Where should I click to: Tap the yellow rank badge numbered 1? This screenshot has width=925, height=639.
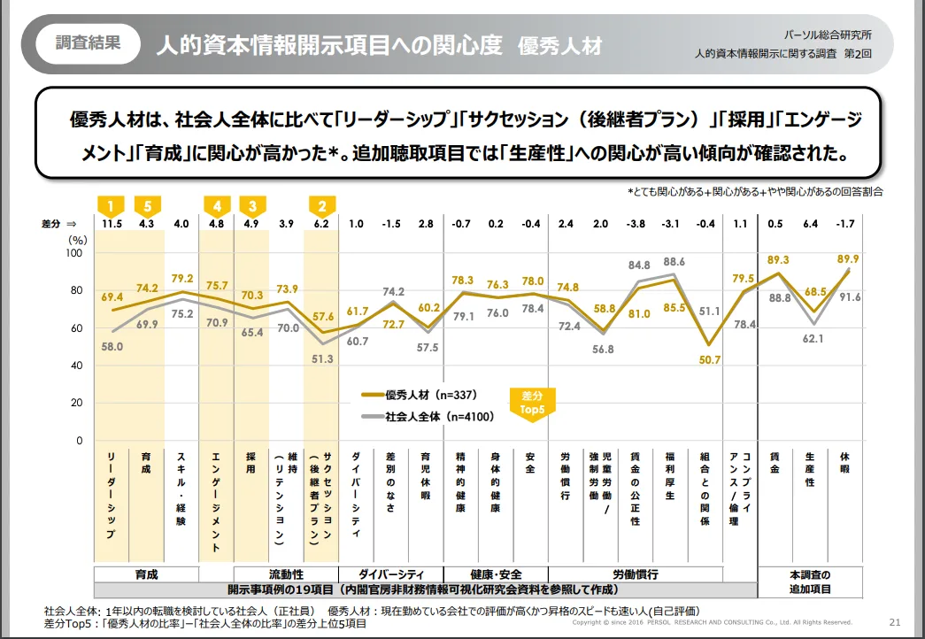pos(111,206)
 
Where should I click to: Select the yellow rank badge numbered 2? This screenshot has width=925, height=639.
pos(321,206)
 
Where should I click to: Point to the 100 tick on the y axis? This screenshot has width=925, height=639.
pos(75,253)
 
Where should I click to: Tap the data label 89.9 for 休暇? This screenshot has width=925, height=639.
pos(846,259)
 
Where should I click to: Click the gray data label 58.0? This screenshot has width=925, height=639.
pos(112,347)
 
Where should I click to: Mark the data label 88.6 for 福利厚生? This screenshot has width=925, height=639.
pos(674,261)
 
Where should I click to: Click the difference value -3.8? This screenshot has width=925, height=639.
pos(636,224)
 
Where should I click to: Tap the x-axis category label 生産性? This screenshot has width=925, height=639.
pos(810,469)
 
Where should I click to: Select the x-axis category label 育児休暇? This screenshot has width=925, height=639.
pos(426,482)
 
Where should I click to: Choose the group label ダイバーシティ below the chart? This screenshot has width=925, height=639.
pos(390,574)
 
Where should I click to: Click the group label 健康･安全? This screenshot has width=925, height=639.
pos(496,574)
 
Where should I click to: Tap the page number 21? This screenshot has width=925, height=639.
pos(894,621)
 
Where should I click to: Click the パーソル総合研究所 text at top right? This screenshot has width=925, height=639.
pos(829,35)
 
